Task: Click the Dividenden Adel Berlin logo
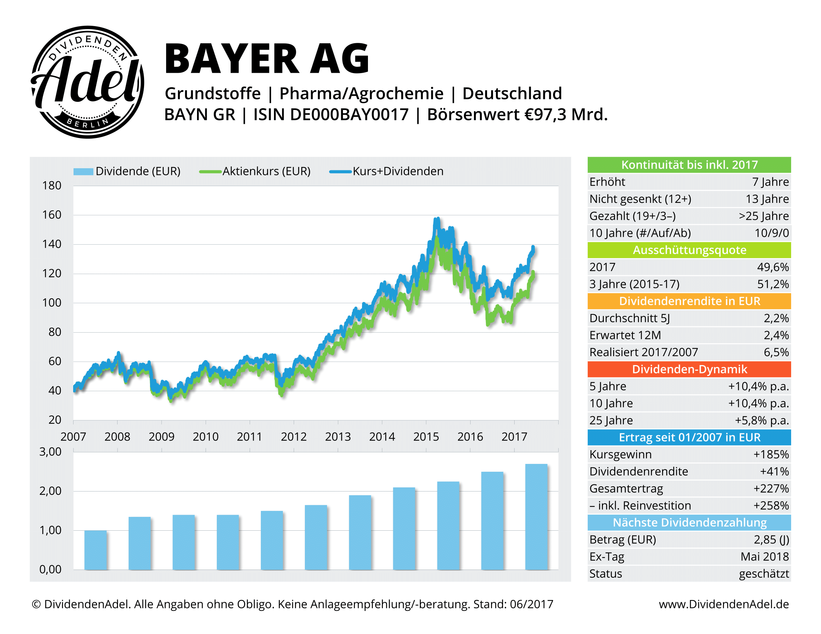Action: (x=87, y=82)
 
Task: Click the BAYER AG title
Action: (x=267, y=59)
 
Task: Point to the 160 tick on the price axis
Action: (x=51, y=215)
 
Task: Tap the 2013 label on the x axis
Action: (x=338, y=437)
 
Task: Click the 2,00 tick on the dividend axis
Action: (x=50, y=491)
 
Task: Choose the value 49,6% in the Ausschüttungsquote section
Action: (x=772, y=267)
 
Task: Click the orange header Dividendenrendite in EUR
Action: (x=689, y=301)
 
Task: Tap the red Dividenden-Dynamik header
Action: (x=689, y=369)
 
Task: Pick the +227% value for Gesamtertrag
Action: (x=771, y=488)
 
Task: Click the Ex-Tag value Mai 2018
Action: (x=764, y=557)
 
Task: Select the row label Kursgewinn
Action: (x=620, y=455)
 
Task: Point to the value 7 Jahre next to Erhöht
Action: (x=770, y=182)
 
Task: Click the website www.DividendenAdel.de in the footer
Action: (x=724, y=604)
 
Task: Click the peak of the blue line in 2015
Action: (x=437, y=219)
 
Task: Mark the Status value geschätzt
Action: (x=764, y=574)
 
